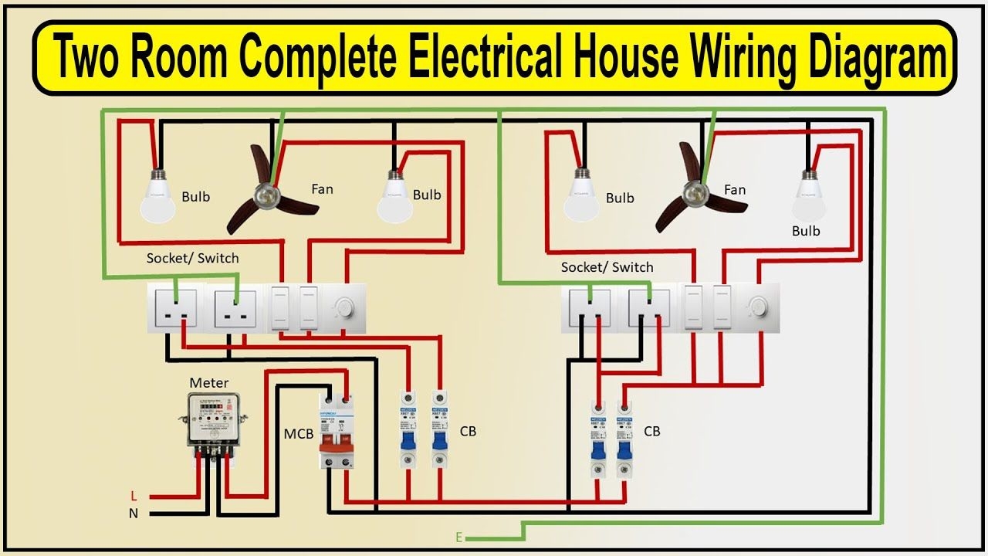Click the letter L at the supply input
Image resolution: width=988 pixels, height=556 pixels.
click(133, 494)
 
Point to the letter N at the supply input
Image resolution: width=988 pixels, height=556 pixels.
click(133, 512)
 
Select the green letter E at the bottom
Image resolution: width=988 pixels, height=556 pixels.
click(459, 537)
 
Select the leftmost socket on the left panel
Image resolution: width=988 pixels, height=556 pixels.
click(175, 308)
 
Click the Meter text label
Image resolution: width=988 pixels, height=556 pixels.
click(209, 382)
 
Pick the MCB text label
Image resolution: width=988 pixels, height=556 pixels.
click(298, 434)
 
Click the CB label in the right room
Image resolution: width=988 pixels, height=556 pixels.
click(651, 431)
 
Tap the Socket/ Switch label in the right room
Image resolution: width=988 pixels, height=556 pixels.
click(607, 267)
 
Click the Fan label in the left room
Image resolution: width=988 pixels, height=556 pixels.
click(322, 188)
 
